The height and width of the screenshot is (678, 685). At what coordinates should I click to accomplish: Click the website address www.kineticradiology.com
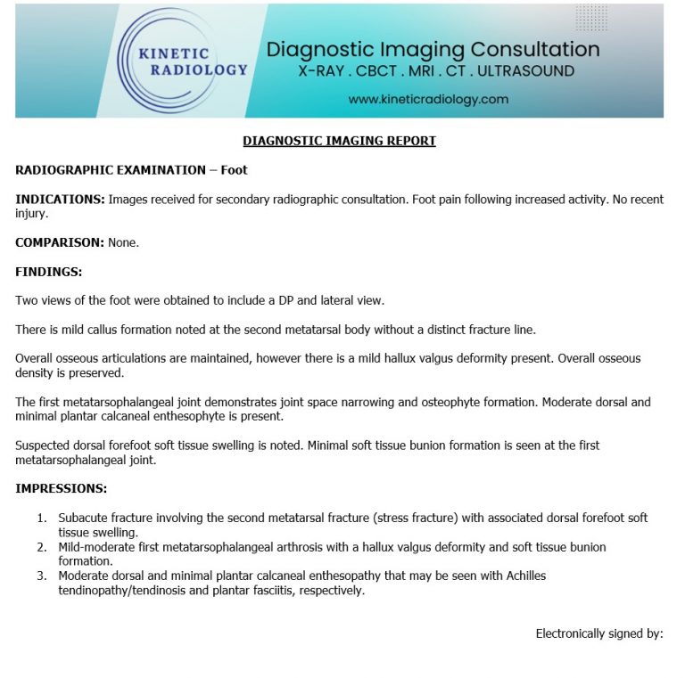pos(428,99)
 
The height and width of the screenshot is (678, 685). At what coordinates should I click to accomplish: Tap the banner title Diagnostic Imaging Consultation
pos(433,49)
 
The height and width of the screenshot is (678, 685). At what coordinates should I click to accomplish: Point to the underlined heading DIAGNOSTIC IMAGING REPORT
pos(339,141)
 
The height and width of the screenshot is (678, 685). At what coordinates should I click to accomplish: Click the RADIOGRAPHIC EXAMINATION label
pos(111,169)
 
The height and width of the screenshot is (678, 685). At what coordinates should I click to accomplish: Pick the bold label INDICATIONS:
pos(60,199)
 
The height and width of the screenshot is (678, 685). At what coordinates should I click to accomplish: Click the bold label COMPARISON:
pos(59,242)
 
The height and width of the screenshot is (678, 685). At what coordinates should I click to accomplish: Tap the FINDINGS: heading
pos(48,271)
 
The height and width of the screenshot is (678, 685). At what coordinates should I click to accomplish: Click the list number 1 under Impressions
pos(41,518)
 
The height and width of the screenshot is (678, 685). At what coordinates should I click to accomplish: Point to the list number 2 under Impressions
pos(41,547)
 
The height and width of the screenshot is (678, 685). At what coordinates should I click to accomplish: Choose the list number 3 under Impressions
pos(41,576)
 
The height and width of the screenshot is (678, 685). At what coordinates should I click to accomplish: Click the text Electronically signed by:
pos(598,633)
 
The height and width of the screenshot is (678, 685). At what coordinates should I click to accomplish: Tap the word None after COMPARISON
pos(124,242)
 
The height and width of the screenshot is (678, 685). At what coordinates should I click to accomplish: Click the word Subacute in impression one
pos(83,518)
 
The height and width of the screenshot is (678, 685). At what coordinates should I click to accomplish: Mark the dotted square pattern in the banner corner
pos(591,18)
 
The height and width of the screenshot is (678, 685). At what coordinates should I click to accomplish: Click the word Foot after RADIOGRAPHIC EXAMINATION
pos(235,169)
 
